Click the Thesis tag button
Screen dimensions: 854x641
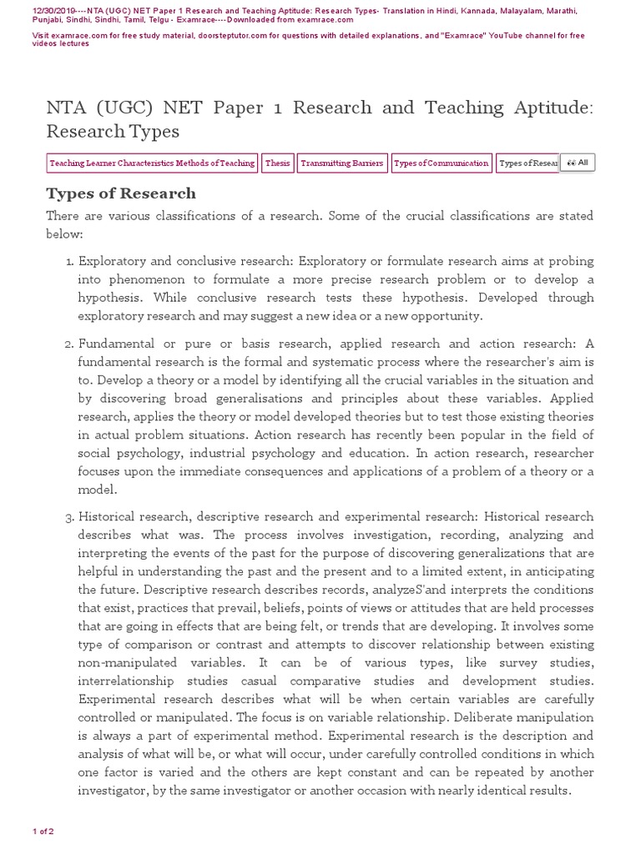277,163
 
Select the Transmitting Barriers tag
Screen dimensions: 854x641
341,163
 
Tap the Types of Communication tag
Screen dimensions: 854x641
441,163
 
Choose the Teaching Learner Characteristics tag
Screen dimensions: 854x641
151,163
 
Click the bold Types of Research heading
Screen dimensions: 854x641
121,193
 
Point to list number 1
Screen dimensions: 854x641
69,262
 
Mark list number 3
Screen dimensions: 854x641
69,517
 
